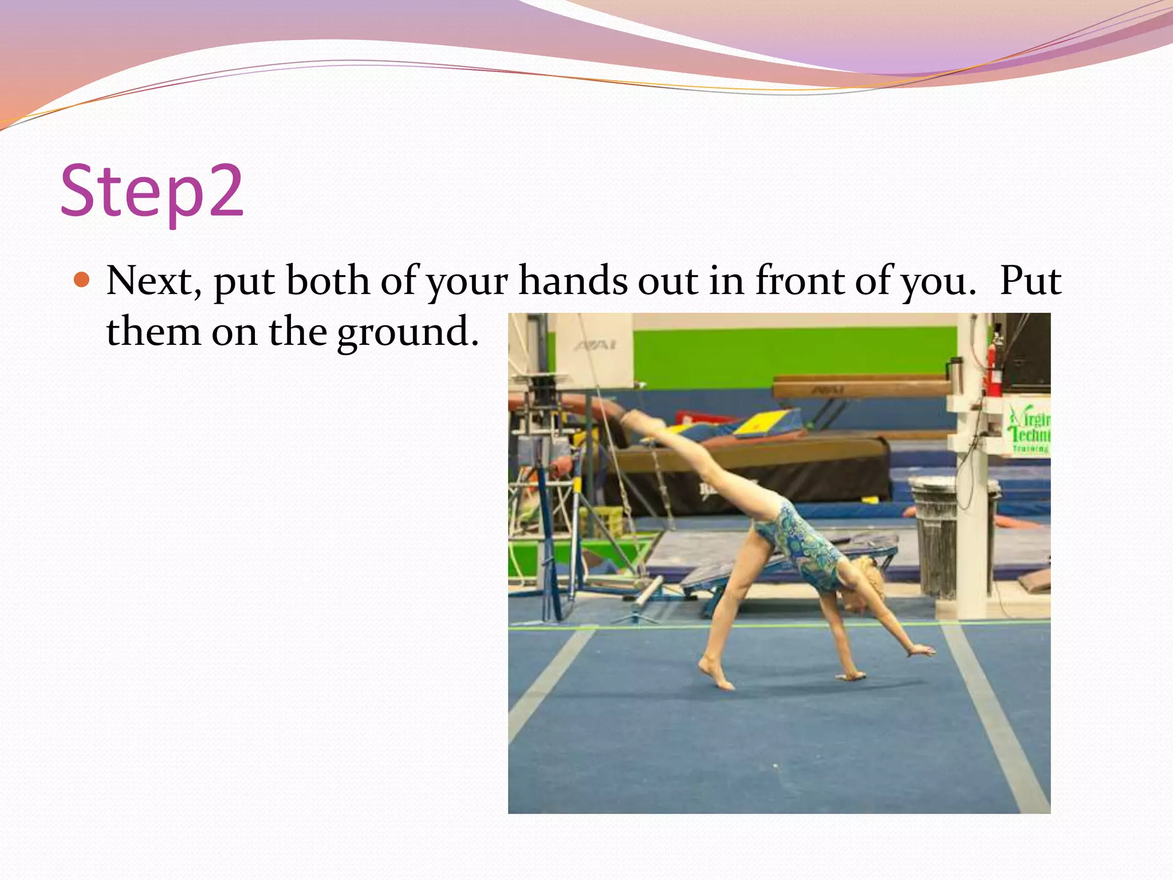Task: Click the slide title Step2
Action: point(152,192)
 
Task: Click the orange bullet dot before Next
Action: point(82,280)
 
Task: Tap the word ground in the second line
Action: point(407,333)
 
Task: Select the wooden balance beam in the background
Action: point(859,387)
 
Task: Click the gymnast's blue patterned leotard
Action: point(802,544)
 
